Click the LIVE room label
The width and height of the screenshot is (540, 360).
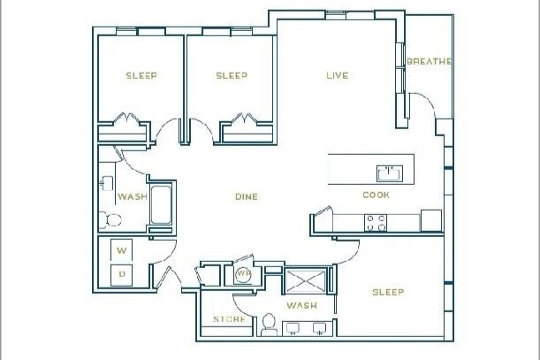click(336, 76)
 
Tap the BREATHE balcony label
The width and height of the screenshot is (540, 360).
click(430, 62)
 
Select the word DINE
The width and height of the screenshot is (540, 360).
click(246, 196)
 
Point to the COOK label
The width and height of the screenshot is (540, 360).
click(376, 195)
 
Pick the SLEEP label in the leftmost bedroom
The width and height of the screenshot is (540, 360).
click(141, 76)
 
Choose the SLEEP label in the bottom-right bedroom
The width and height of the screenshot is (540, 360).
click(387, 293)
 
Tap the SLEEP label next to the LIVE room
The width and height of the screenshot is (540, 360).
click(232, 76)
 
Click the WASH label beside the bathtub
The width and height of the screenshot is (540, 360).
click(133, 197)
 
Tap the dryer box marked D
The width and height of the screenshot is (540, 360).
click(123, 274)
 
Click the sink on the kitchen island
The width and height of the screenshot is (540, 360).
click(388, 171)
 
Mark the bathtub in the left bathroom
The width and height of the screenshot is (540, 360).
click(163, 205)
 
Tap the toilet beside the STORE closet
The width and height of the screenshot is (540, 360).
click(269, 326)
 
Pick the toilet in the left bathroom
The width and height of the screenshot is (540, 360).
click(110, 219)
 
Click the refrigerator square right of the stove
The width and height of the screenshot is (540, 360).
click(430, 219)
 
